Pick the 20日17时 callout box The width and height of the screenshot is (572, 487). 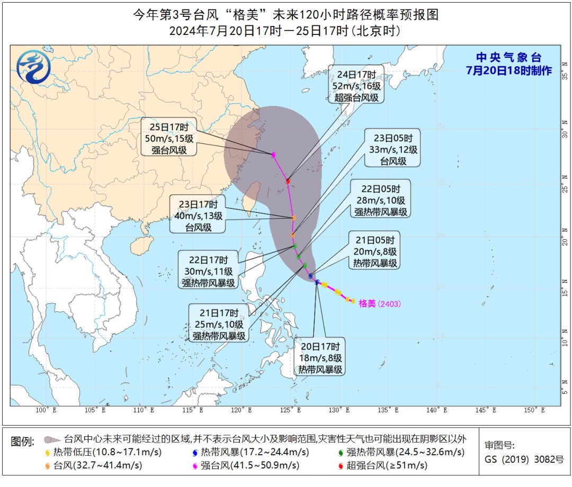[x=320, y=357]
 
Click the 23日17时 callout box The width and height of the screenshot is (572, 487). [x=198, y=214]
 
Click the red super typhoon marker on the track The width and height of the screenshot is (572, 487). [x=288, y=181]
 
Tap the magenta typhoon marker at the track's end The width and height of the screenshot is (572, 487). [x=274, y=155]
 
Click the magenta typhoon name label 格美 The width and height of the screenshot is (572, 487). [x=367, y=304]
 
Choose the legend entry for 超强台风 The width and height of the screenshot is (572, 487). [x=387, y=466]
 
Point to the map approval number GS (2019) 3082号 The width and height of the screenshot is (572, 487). [x=524, y=459]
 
